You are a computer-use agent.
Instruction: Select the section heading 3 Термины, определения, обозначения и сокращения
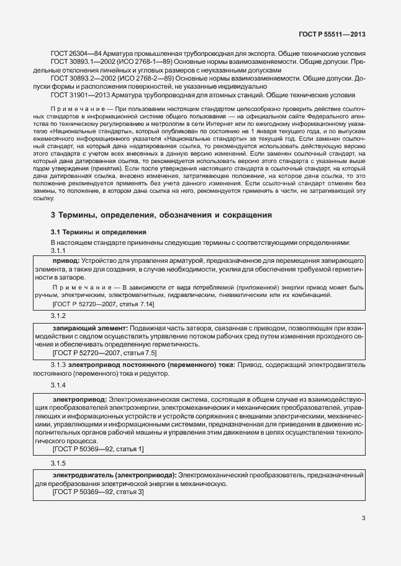tap(161, 215)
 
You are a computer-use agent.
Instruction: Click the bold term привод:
tap(66, 262)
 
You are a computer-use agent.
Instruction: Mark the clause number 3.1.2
tap(58, 316)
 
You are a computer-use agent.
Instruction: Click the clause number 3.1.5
tap(58, 463)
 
